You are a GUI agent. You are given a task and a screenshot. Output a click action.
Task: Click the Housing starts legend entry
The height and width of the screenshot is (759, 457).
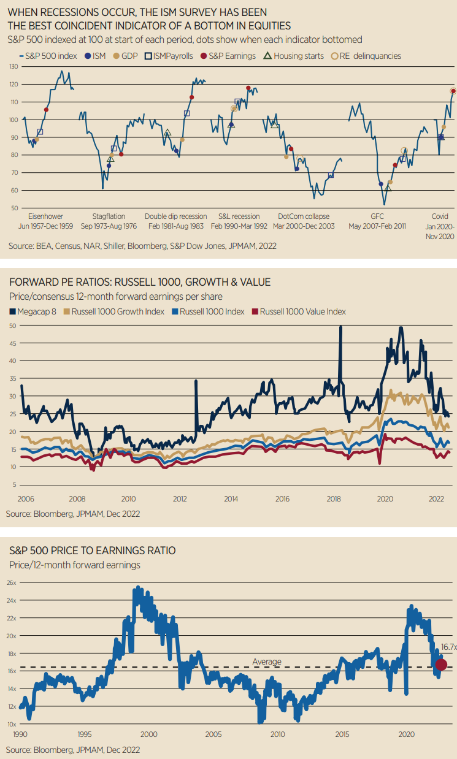(293, 56)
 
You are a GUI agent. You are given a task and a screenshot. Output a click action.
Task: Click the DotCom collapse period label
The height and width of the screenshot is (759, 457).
(304, 216)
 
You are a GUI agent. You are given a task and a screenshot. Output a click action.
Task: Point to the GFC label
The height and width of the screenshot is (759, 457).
(377, 216)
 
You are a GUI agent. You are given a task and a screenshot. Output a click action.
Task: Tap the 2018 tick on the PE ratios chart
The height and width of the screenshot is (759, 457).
(334, 499)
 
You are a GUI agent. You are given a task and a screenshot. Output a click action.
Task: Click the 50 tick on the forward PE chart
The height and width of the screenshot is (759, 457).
(12, 325)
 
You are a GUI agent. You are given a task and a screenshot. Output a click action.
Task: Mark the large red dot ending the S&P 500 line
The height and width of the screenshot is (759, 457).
(441, 665)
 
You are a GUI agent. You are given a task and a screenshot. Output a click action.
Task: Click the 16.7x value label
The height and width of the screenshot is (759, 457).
(449, 647)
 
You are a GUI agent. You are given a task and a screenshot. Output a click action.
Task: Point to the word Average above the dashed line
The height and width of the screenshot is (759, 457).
(267, 662)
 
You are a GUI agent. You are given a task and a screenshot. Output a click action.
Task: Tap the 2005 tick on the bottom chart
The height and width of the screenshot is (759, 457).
(213, 734)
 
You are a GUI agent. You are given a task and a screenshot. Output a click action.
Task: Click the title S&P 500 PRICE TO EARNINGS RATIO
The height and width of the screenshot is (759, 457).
(91, 551)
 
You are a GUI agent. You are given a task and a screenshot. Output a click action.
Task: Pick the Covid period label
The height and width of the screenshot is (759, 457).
(440, 216)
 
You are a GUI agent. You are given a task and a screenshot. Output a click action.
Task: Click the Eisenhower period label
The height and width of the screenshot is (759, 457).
(46, 216)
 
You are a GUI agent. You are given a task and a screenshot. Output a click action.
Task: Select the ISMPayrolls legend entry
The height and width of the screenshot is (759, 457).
(172, 56)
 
